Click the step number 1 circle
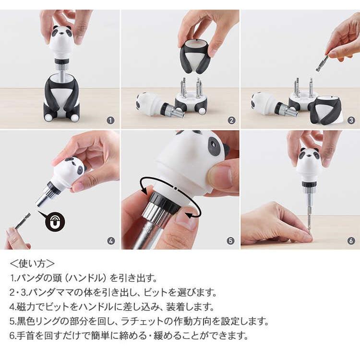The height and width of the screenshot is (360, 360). pyautogui.click(x=111, y=120)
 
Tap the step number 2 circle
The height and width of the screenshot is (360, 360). pyautogui.click(x=231, y=120)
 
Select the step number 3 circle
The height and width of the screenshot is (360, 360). pyautogui.click(x=351, y=120)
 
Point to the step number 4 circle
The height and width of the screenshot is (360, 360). pyautogui.click(x=111, y=240)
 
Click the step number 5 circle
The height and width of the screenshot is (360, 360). pyautogui.click(x=231, y=240)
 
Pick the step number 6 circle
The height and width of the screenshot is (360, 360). pyautogui.click(x=351, y=240)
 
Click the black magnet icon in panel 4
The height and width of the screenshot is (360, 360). pyautogui.click(x=55, y=222)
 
